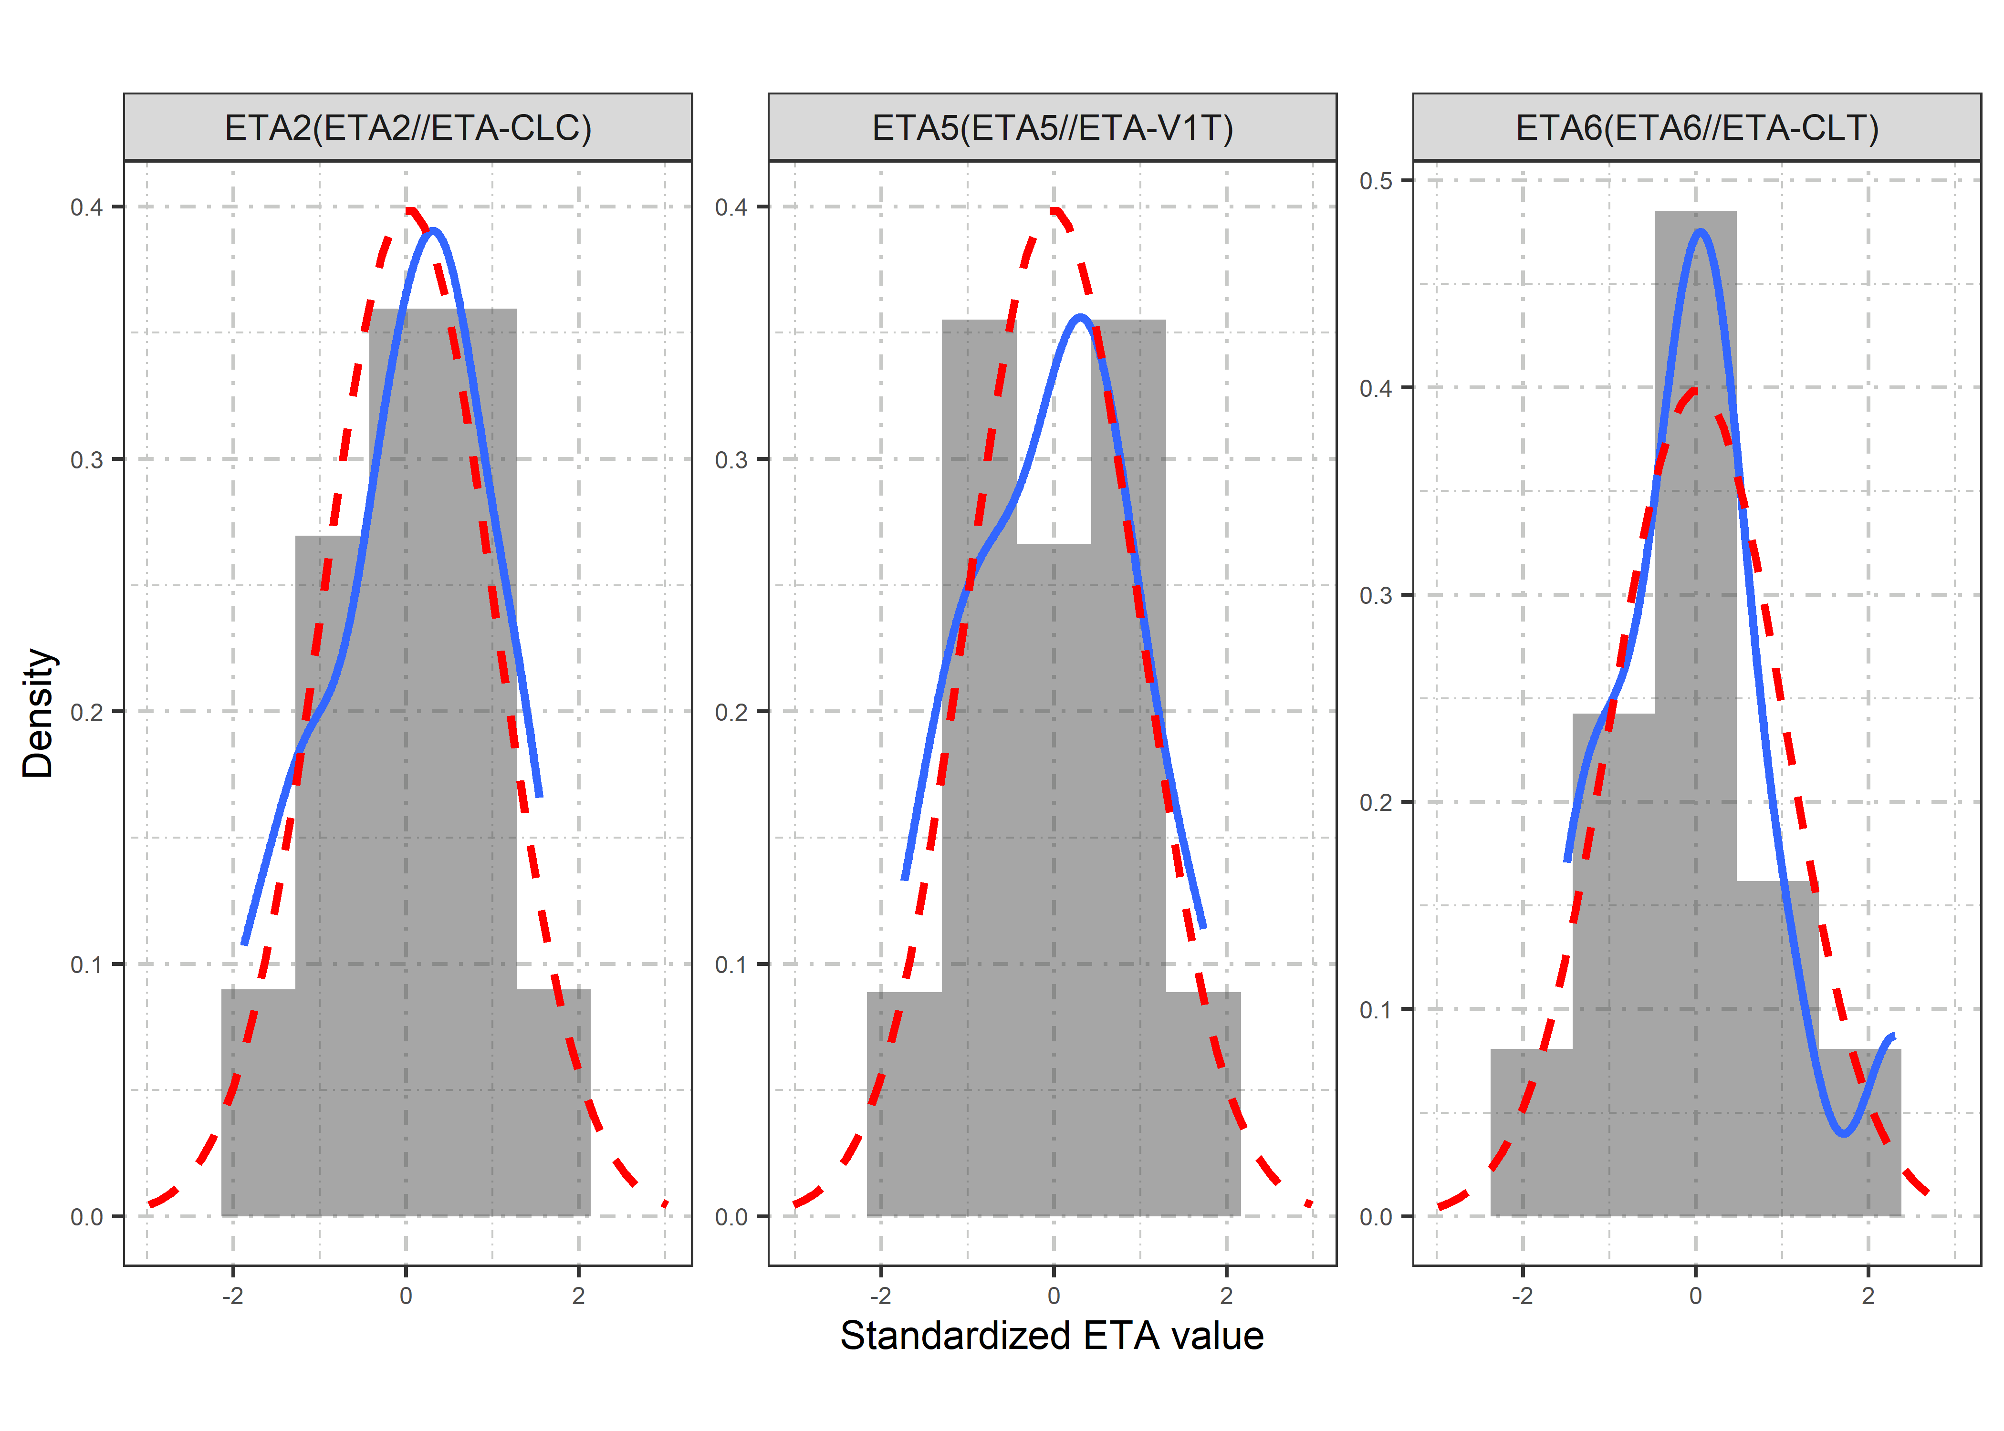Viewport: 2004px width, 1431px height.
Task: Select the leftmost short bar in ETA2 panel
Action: [x=257, y=1101]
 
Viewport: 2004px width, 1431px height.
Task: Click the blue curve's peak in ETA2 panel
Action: [x=433, y=231]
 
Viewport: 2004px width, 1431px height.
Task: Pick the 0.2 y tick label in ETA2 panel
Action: [x=86, y=712]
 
